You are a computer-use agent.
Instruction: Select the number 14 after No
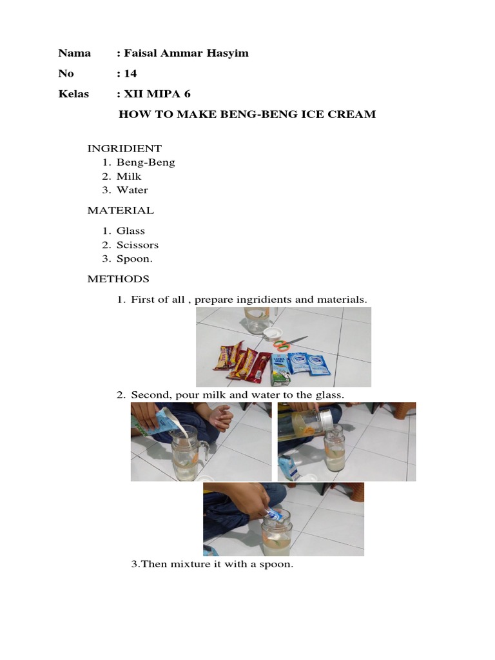(x=130, y=73)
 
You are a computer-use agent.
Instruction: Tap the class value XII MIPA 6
(x=157, y=93)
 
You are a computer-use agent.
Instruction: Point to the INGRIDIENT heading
(x=124, y=149)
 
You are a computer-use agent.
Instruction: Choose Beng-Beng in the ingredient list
(x=146, y=162)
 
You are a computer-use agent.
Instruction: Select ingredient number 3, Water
(x=132, y=190)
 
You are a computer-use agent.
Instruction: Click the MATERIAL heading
(x=121, y=211)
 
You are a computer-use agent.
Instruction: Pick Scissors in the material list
(x=138, y=245)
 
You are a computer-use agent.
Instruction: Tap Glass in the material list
(x=130, y=231)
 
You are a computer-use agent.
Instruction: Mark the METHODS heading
(x=119, y=279)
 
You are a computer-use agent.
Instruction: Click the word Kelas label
(x=73, y=93)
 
